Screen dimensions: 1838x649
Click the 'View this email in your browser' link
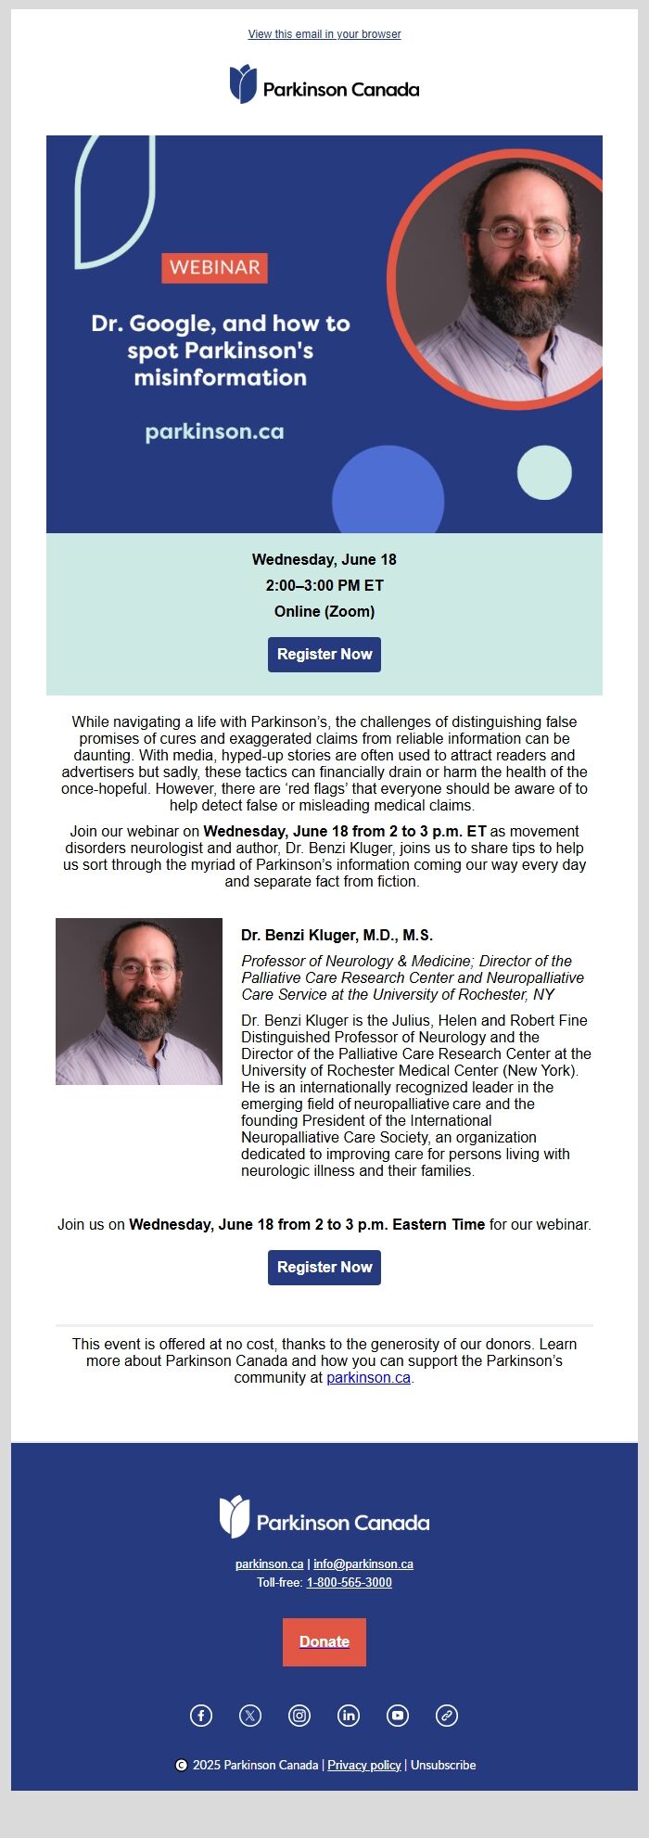324,34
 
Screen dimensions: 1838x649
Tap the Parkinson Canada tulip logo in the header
243,84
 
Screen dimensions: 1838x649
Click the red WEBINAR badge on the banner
214,267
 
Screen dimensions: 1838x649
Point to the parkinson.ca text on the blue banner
214,431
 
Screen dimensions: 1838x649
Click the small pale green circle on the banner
544,472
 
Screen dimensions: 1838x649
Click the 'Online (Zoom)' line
324,611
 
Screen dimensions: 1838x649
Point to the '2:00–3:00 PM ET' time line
324,585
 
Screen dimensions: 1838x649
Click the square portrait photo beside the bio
139,1002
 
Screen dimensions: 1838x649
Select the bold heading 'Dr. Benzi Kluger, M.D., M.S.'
337,935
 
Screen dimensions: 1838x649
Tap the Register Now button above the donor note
324,1267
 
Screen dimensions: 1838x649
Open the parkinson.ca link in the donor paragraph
368,1377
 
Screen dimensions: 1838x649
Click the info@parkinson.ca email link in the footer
363,1564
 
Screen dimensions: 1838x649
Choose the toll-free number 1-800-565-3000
350,1582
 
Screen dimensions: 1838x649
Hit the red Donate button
324,1641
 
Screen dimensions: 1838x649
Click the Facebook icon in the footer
201,1715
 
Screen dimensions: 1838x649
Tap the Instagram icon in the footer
299,1715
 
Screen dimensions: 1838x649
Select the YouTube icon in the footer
398,1715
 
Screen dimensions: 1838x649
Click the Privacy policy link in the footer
364,1765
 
